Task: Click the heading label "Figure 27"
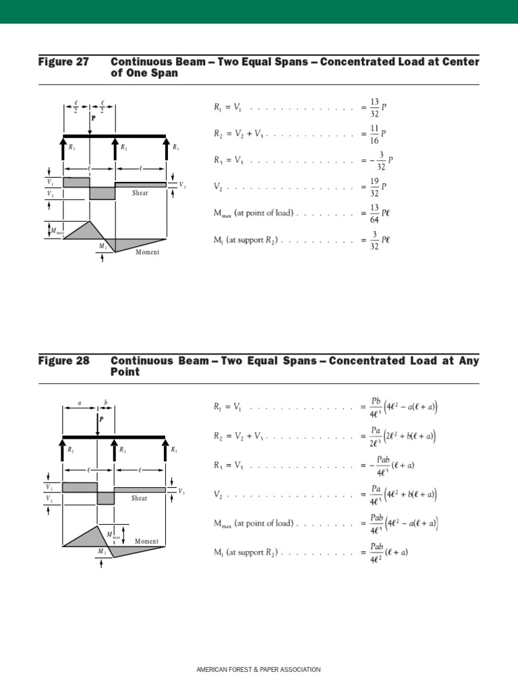pyautogui.click(x=63, y=62)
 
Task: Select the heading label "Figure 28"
pyautogui.click(x=63, y=361)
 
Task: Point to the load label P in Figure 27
pyautogui.click(x=94, y=117)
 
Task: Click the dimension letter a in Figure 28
pyautogui.click(x=80, y=402)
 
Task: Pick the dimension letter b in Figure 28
pyautogui.click(x=105, y=402)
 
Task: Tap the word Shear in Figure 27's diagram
pyautogui.click(x=140, y=193)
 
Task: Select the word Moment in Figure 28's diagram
pyautogui.click(x=146, y=541)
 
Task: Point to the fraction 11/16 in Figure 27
pyautogui.click(x=374, y=133)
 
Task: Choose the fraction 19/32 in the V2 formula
pyautogui.click(x=374, y=187)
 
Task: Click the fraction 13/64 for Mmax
pyautogui.click(x=374, y=213)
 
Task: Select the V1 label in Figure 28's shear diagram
pyautogui.click(x=50, y=487)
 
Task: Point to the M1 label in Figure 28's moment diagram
pyautogui.click(x=102, y=551)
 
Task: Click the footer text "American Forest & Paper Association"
pyautogui.click(x=258, y=670)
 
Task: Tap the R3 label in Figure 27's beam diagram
pyautogui.click(x=175, y=147)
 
